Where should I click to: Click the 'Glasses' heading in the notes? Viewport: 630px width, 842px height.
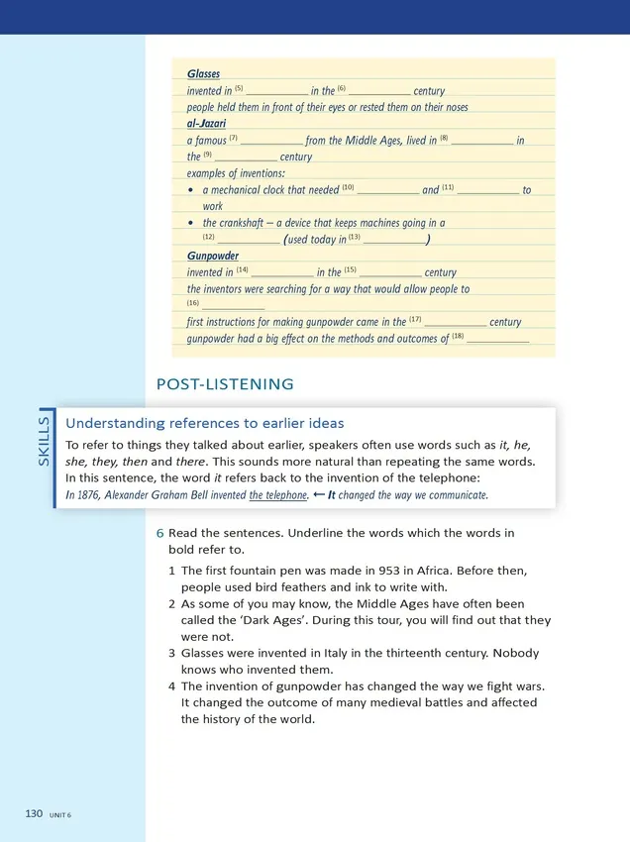203,74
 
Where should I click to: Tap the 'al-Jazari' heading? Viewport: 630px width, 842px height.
206,124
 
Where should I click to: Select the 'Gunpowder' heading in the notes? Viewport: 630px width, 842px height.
212,256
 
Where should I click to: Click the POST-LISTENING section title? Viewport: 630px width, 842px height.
225,383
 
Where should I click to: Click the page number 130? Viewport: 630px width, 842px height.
34,813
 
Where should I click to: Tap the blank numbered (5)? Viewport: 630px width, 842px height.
276,91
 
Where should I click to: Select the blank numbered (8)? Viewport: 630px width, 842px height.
481,141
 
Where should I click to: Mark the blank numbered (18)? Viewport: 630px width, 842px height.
497,339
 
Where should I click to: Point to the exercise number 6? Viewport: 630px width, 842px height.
160,533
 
